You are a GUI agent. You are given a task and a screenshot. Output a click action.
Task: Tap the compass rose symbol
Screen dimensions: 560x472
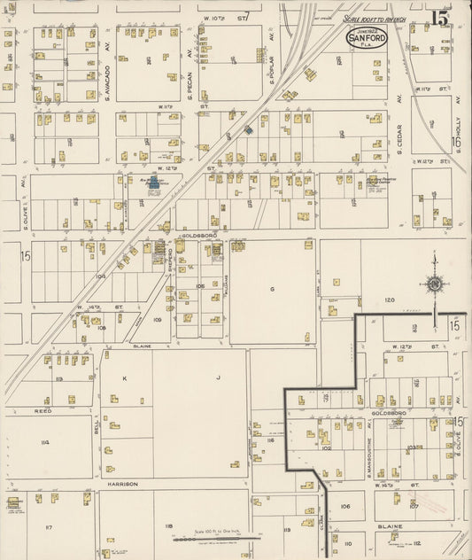pyautogui.click(x=434, y=284)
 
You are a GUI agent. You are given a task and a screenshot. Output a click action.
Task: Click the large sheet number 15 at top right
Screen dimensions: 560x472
pyautogui.click(x=440, y=18)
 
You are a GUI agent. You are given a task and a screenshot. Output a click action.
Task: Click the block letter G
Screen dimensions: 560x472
pyautogui.click(x=272, y=289)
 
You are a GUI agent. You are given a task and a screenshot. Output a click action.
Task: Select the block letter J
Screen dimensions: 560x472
pyautogui.click(x=217, y=377)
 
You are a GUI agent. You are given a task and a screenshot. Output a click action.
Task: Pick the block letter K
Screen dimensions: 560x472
pyautogui.click(x=125, y=377)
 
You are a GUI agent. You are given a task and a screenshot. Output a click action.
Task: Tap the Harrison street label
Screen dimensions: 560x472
pyautogui.click(x=123, y=485)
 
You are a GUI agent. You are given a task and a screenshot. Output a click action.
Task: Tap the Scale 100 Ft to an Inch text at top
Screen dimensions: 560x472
pyautogui.click(x=377, y=18)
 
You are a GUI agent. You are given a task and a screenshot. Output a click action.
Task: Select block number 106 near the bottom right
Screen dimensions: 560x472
pyautogui.click(x=346, y=507)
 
